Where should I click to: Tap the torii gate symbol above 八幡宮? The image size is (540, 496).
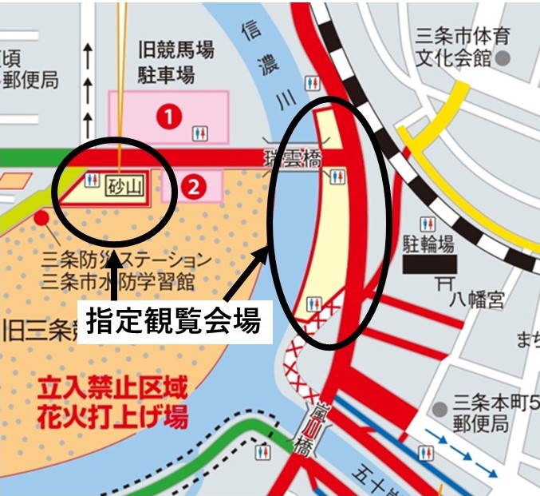click(446, 282)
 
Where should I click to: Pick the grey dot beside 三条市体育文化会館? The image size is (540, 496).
click(503, 59)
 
